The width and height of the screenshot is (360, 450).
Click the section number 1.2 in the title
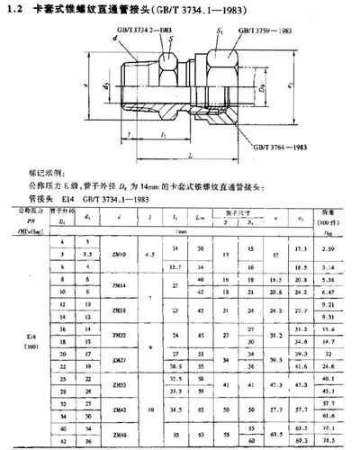20,9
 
